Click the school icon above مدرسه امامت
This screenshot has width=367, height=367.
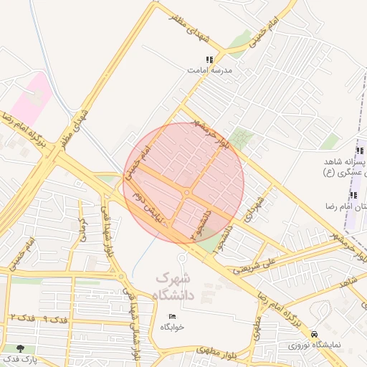pos(209,60)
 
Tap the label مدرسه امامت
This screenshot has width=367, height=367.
pos(206,71)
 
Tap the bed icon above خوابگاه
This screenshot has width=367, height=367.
pos(173,317)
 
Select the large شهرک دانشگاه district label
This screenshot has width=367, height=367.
pos(173,285)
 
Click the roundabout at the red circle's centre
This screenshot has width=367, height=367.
pos(186,193)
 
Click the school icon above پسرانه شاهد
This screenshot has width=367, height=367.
pos(359,151)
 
